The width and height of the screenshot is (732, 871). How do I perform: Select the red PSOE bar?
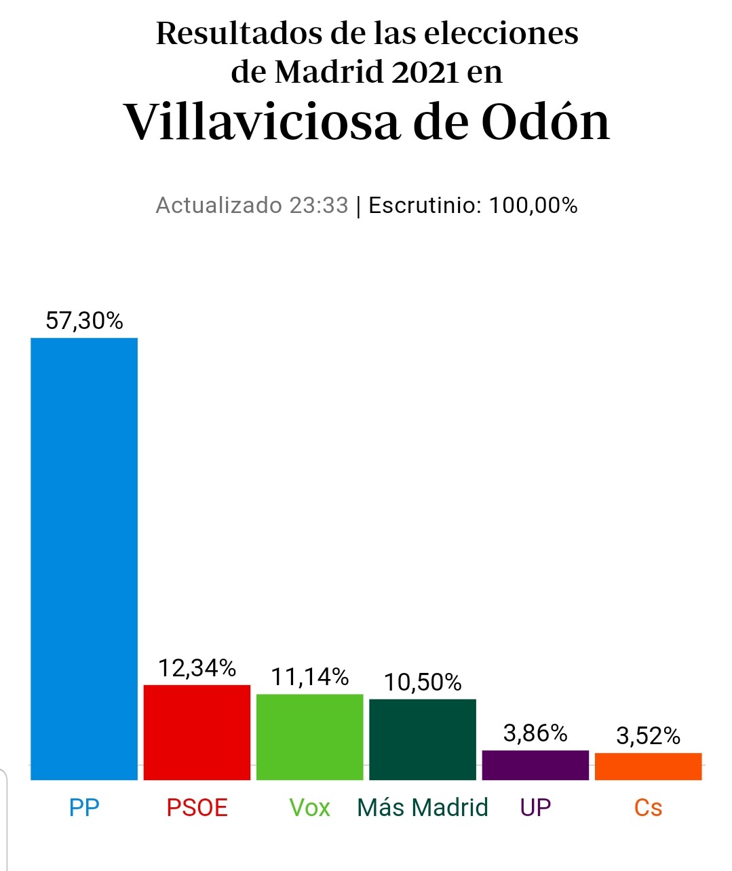pyautogui.click(x=197, y=732)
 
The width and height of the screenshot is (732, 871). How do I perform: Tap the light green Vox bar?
pyautogui.click(x=310, y=737)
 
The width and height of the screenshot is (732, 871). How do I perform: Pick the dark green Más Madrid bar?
pyautogui.click(x=423, y=739)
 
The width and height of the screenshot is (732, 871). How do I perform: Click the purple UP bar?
pyautogui.click(x=535, y=764)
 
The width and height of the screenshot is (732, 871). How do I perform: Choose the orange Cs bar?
pyautogui.click(x=648, y=766)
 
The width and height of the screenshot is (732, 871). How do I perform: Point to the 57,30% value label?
pyautogui.click(x=84, y=320)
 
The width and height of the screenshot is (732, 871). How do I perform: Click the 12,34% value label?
pyautogui.click(x=197, y=668)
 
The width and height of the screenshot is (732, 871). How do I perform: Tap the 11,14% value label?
pyautogui.click(x=310, y=677)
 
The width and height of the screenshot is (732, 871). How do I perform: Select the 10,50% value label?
pyautogui.click(x=423, y=682)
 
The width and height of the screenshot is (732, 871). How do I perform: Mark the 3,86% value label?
pyautogui.click(x=535, y=733)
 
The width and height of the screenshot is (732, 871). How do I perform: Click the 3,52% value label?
pyautogui.click(x=648, y=736)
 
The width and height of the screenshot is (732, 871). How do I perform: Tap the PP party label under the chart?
pyautogui.click(x=84, y=807)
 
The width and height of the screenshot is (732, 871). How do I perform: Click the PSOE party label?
pyautogui.click(x=197, y=807)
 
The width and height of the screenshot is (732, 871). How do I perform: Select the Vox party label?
pyautogui.click(x=310, y=807)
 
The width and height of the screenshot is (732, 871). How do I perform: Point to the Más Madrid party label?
pyautogui.click(x=423, y=807)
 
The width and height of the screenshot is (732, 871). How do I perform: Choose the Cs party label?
pyautogui.click(x=648, y=807)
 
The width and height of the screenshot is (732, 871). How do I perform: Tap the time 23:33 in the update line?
pyautogui.click(x=318, y=205)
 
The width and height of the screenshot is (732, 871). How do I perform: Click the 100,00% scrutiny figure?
pyautogui.click(x=533, y=205)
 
